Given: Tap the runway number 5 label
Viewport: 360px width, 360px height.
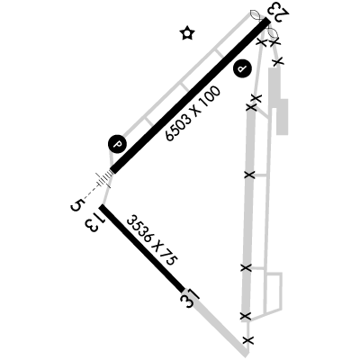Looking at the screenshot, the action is (x=76, y=205).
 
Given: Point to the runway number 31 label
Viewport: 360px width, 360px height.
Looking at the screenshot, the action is (x=190, y=298).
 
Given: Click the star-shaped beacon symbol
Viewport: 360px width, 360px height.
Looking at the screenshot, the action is (x=188, y=33).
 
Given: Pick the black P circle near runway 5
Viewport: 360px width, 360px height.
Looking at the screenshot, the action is (x=117, y=144).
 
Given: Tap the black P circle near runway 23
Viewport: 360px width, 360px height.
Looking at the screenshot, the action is (x=242, y=69).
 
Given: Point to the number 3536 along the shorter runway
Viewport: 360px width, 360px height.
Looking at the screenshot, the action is (x=139, y=229).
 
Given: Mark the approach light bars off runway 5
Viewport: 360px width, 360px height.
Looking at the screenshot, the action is (x=103, y=180).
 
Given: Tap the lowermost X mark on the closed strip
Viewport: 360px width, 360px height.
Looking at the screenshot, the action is (x=247, y=340).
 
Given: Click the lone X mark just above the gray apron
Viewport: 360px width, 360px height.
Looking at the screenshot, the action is (x=278, y=62).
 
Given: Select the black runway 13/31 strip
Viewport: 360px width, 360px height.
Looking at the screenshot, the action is (x=143, y=248).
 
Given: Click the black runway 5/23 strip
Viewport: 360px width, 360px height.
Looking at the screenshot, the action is (x=190, y=95).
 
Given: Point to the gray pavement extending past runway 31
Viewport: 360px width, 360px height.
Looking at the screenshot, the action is (x=218, y=323).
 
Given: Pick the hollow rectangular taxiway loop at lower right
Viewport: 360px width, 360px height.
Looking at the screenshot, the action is (x=274, y=292).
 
